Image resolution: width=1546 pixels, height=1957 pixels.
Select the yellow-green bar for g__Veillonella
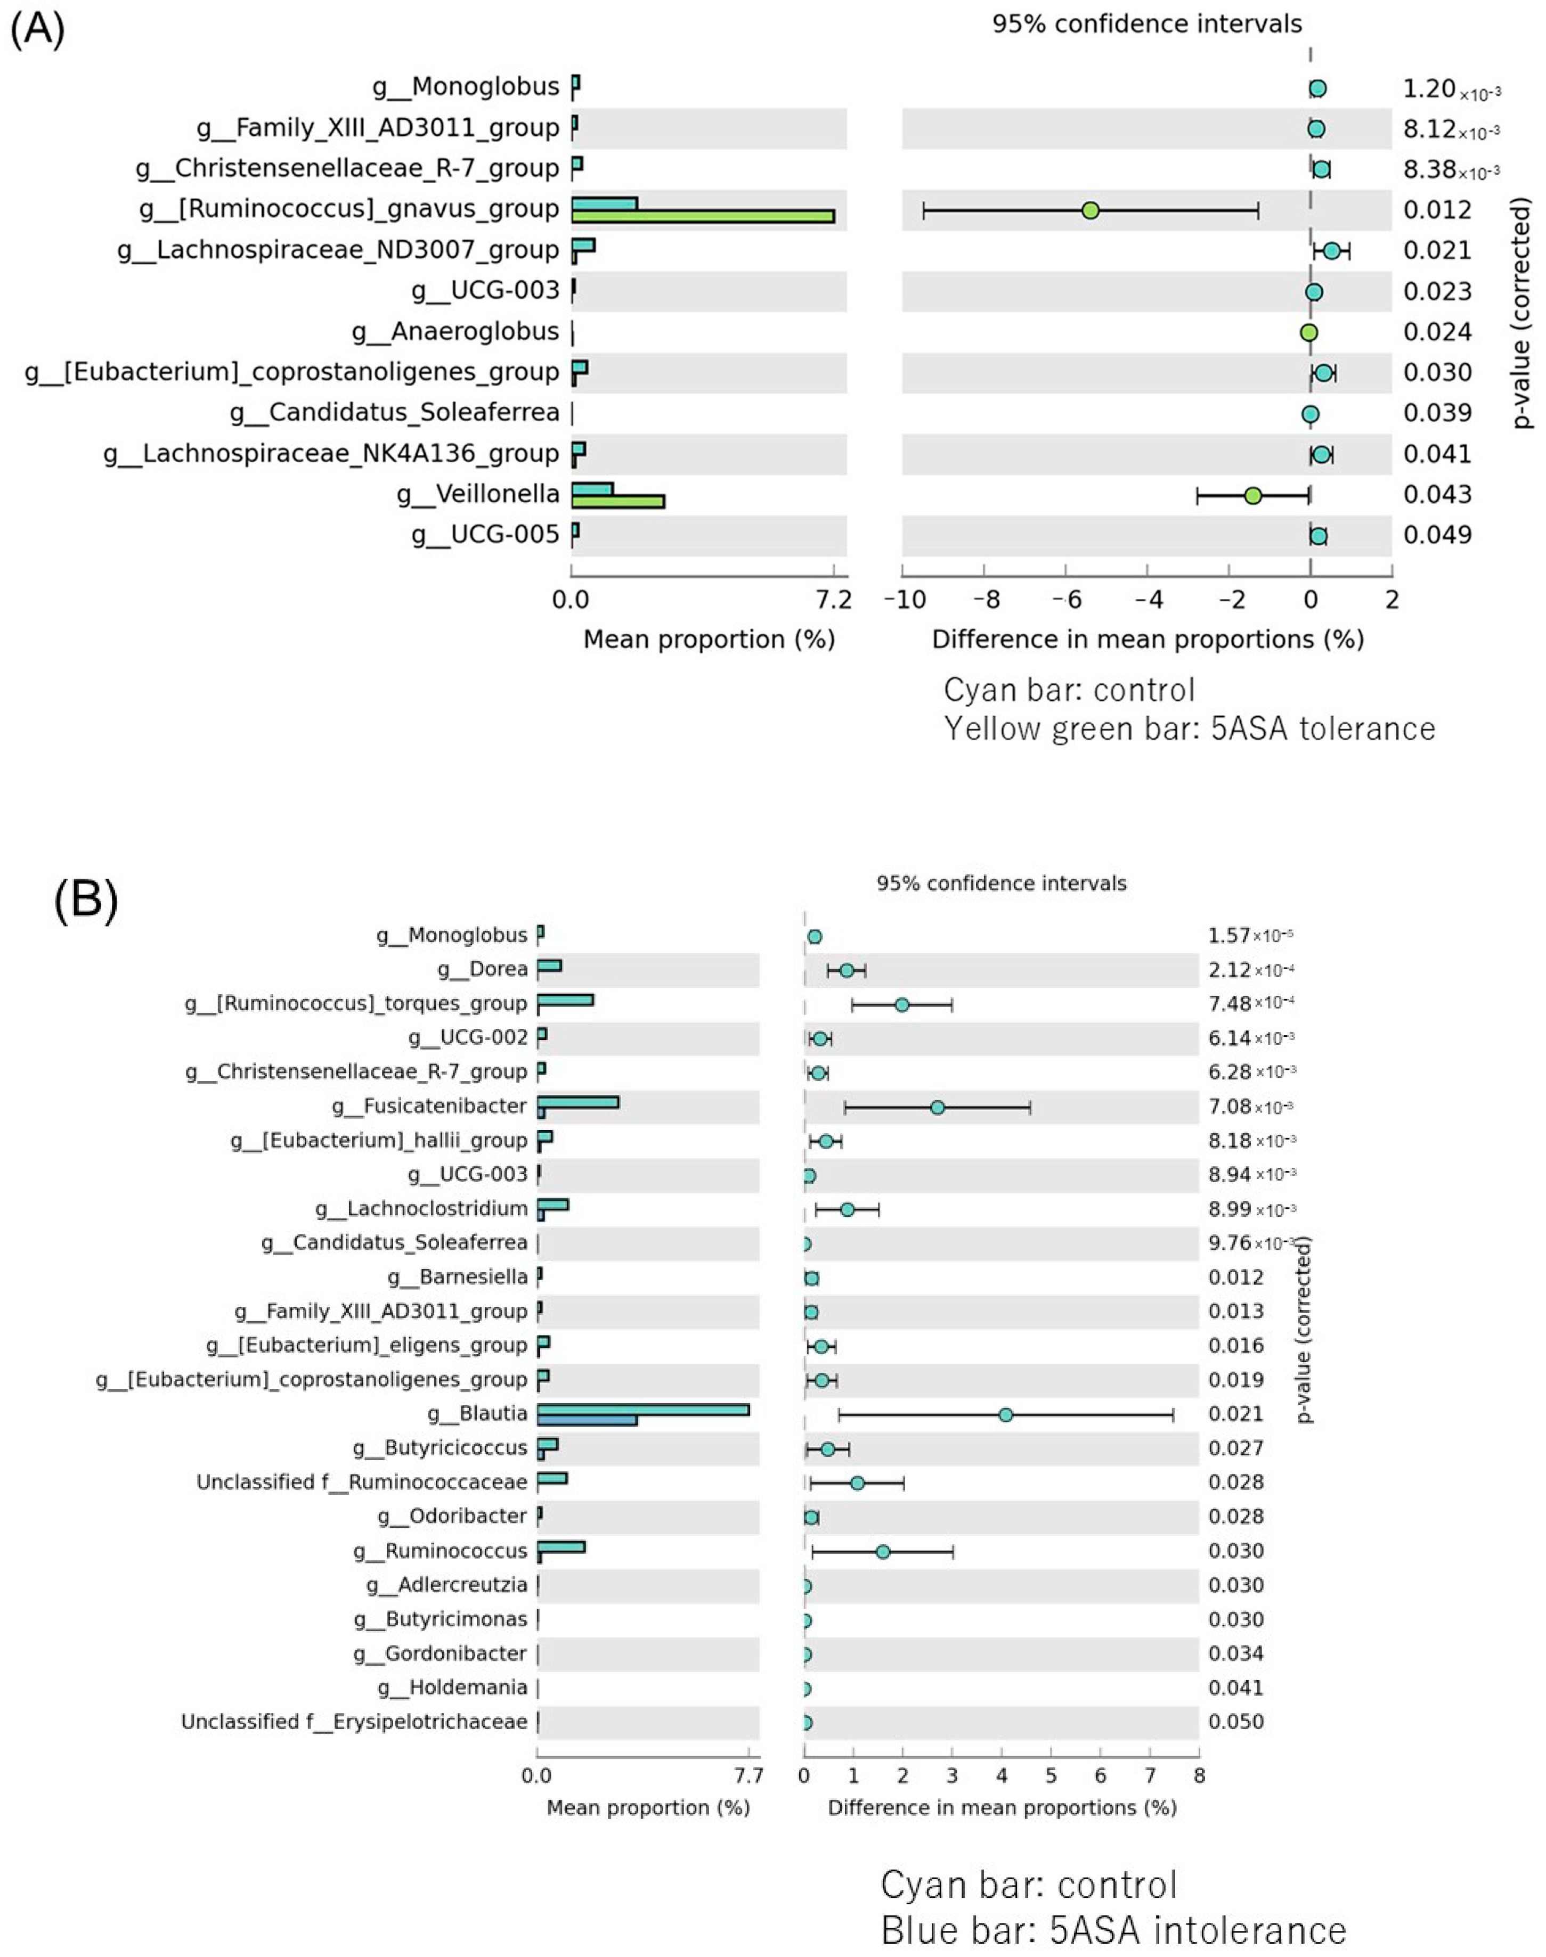(x=618, y=501)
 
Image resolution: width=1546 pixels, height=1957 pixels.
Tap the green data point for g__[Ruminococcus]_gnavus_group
(x=1091, y=211)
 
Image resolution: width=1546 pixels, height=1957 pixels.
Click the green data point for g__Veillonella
(x=1253, y=496)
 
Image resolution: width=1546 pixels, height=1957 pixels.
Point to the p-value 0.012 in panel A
(x=1437, y=210)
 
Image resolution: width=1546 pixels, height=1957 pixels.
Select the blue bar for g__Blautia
(x=588, y=1420)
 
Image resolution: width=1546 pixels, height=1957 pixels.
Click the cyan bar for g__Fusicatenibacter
(x=579, y=1102)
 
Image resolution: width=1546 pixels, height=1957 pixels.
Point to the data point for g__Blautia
(x=1006, y=1414)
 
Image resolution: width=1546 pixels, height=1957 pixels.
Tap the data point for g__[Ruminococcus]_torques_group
(x=901, y=1004)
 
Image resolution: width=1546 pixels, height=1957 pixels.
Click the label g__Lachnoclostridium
(x=422, y=1209)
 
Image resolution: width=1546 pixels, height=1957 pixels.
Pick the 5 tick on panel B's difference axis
(x=1051, y=1775)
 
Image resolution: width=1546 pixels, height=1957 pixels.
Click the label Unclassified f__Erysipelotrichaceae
(x=354, y=1722)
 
